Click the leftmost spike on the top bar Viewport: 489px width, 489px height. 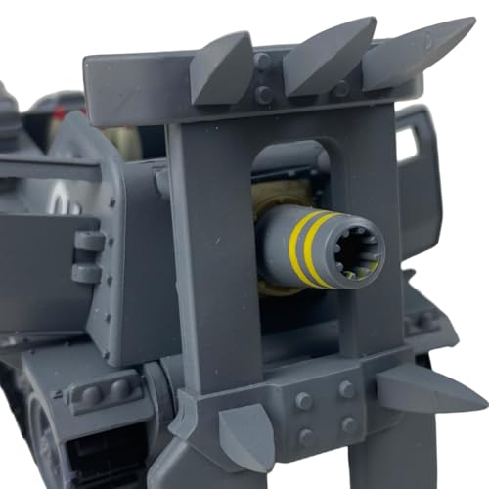[x=223, y=70]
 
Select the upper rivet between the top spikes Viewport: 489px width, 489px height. [x=261, y=61]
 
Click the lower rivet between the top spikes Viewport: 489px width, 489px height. [x=263, y=95]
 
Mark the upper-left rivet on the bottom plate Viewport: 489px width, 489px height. [x=304, y=400]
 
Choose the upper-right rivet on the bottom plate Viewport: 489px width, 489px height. [x=347, y=389]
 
